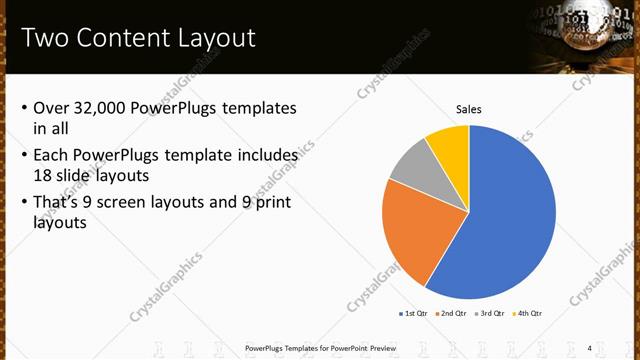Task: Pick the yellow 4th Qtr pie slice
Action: [x=449, y=148]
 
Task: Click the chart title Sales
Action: [x=469, y=109]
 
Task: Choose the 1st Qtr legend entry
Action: [x=415, y=313]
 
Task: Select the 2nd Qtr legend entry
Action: [x=452, y=313]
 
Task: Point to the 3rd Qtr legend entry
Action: [x=489, y=313]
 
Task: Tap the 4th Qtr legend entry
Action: [x=527, y=313]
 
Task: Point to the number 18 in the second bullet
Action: [x=44, y=174]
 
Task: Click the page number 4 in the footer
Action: [x=589, y=348]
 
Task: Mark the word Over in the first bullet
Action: [x=51, y=108]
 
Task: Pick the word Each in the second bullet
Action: [x=51, y=156]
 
